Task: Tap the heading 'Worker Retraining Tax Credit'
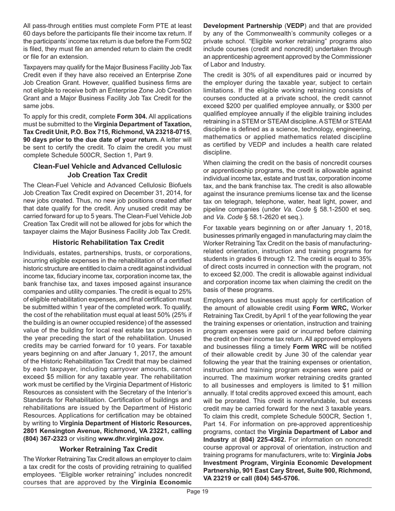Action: point(108,449)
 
